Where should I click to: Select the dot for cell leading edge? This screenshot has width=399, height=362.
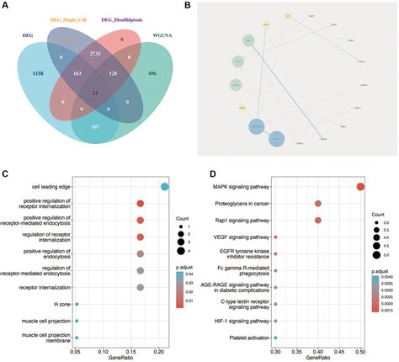tap(165, 187)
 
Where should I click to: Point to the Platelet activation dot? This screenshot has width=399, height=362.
tap(275, 338)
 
